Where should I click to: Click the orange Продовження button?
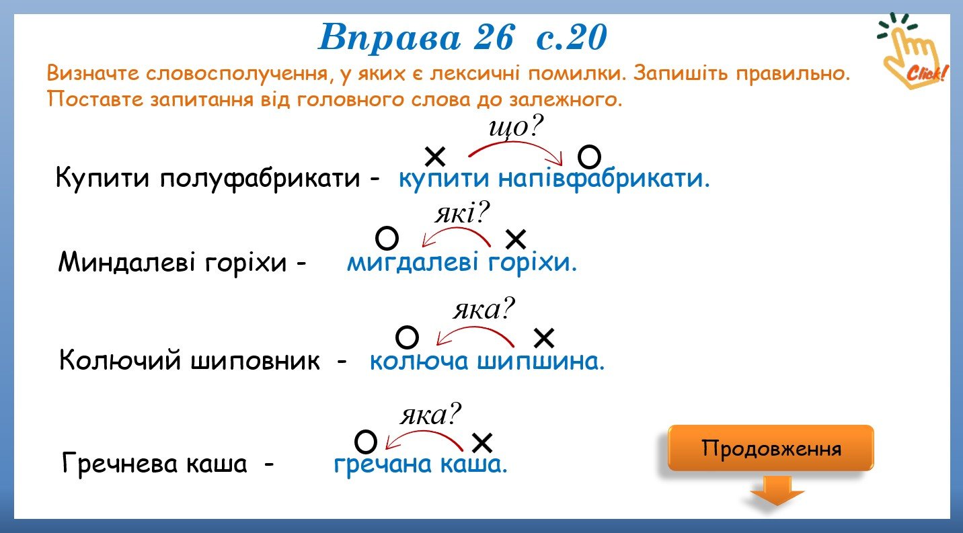[x=771, y=448]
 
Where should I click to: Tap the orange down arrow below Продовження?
[x=777, y=491]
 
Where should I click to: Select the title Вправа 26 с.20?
[x=462, y=38]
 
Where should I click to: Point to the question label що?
[x=516, y=127]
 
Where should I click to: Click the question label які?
[x=462, y=213]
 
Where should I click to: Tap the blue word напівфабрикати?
[x=604, y=178]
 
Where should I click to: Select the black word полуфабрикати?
[x=260, y=177]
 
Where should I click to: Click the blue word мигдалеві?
[x=412, y=262]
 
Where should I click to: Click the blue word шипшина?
[x=541, y=360]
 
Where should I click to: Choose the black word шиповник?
[x=255, y=360]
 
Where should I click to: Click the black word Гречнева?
[x=120, y=463]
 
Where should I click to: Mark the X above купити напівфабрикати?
[x=435, y=157]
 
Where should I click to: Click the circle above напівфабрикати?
[x=589, y=157]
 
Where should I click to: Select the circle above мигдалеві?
[x=387, y=238]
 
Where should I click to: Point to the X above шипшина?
[x=544, y=338]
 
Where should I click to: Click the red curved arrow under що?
[x=516, y=143]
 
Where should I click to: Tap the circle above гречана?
[x=366, y=442]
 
